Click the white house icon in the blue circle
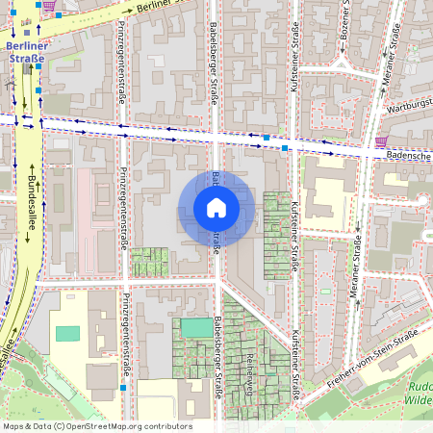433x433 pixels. [x=216, y=208]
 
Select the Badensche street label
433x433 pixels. [x=404, y=154]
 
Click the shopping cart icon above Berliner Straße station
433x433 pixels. [x=49, y=5]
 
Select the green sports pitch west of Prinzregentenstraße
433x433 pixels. [x=68, y=334]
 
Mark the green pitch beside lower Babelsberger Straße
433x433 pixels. [x=197, y=328]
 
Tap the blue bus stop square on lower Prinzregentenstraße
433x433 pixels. [x=123, y=388]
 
